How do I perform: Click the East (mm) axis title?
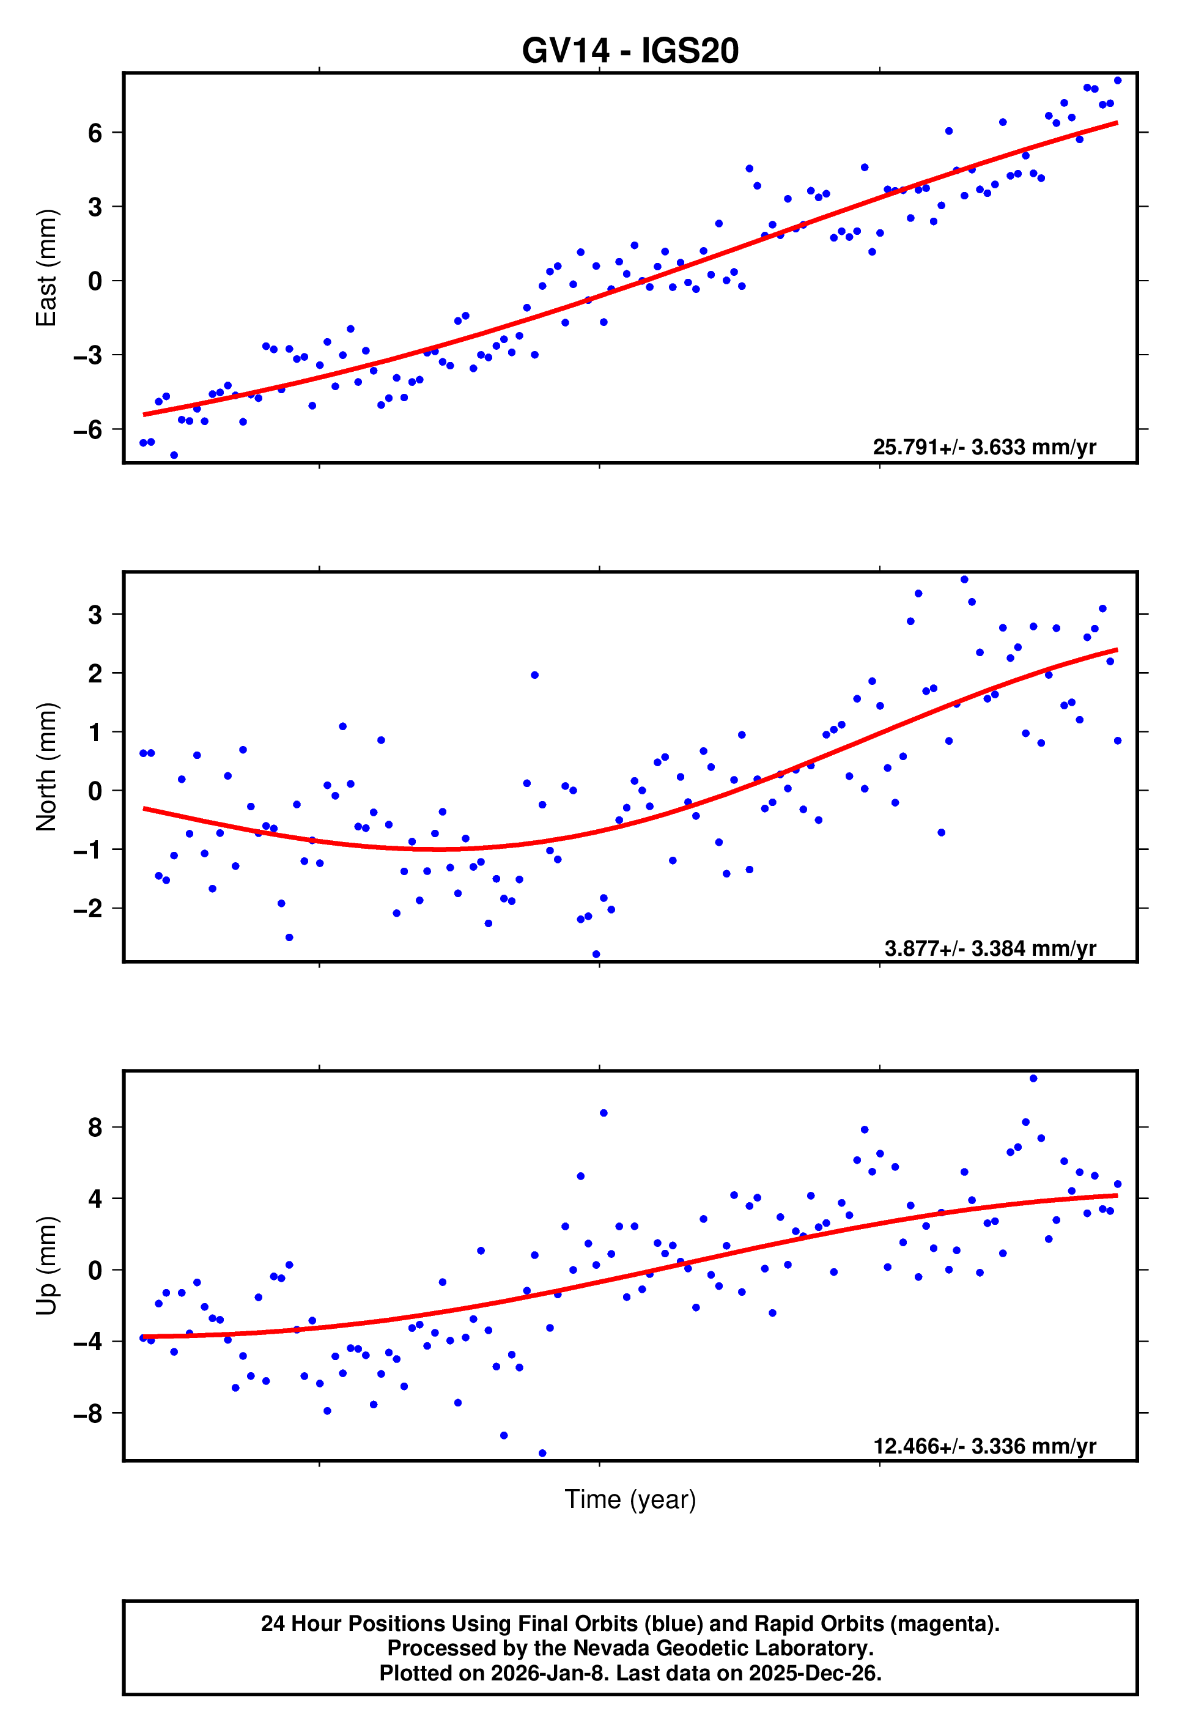46,268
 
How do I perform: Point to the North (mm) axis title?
46,767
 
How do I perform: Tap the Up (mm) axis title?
46,1265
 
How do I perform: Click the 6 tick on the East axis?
95,133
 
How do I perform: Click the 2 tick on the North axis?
95,674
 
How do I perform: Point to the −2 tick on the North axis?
87,909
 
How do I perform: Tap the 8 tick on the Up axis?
95,1128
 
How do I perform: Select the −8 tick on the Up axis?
87,1414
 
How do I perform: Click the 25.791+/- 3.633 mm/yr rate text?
984,448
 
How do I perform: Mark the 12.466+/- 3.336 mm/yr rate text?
984,1447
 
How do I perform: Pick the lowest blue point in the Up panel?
542,1454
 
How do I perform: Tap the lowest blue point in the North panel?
596,955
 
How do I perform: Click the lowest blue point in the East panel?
174,455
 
